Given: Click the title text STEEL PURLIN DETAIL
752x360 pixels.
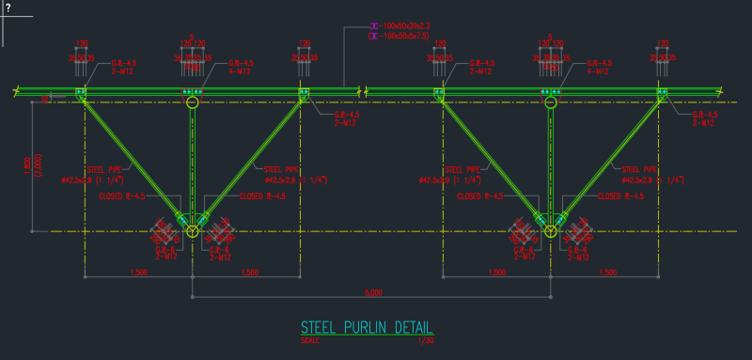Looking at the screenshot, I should coord(367,328).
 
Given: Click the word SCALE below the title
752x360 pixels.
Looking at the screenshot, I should coord(309,340).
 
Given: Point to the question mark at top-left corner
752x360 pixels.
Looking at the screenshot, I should coord(7,8).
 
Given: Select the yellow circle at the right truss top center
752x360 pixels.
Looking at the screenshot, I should coord(550,103).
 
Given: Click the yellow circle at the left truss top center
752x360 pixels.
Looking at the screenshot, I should coord(193,103).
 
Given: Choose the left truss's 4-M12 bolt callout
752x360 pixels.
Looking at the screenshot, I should coord(228,71).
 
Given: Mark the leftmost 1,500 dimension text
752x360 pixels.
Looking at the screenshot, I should coord(137,273).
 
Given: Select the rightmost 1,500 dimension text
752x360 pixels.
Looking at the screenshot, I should coord(606,273).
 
